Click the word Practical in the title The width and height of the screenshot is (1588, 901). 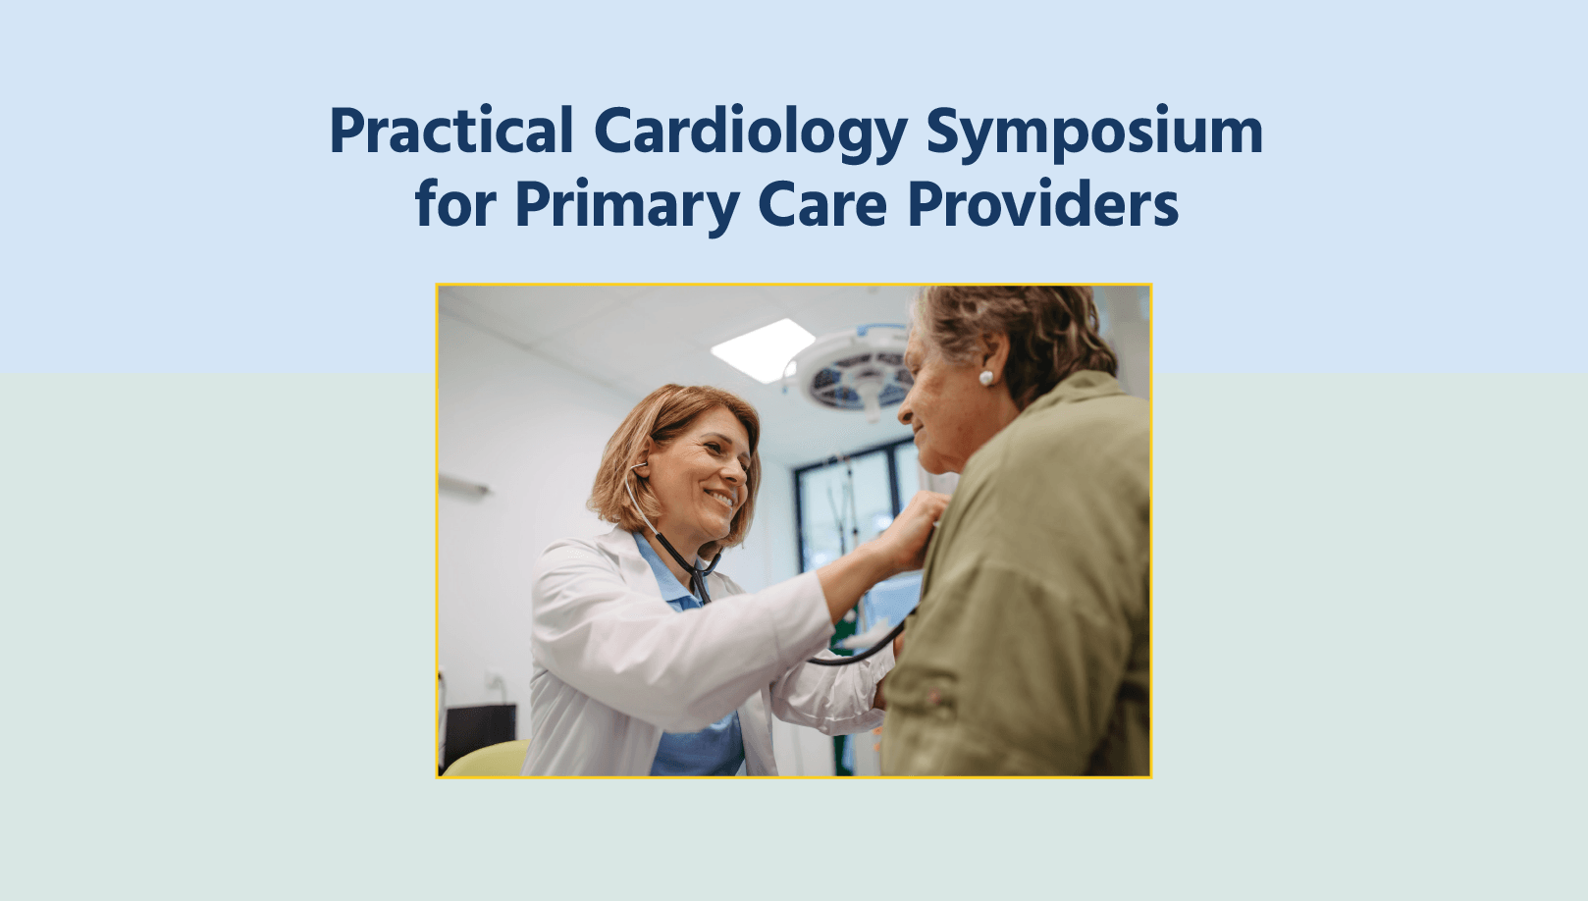[x=450, y=132]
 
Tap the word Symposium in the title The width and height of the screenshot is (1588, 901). [x=1093, y=132]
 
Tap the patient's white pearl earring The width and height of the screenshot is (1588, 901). [x=986, y=377]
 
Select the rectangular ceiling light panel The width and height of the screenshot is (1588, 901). [x=763, y=349]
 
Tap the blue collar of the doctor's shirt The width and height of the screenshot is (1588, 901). [x=662, y=573]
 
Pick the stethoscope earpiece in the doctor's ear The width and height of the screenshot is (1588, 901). [x=639, y=468]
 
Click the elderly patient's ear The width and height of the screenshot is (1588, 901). [x=991, y=358]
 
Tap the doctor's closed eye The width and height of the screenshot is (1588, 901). [x=714, y=450]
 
